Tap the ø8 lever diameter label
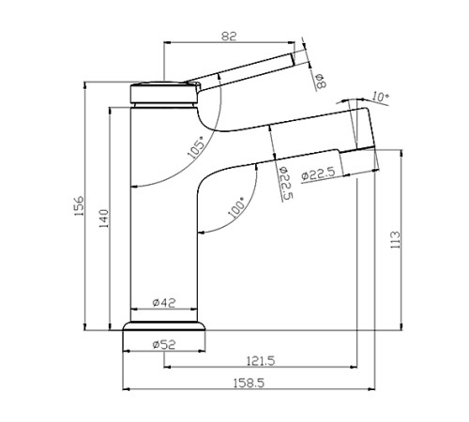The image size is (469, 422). [x=319, y=83]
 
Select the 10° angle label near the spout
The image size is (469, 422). [x=380, y=96]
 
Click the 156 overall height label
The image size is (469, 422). [x=79, y=204]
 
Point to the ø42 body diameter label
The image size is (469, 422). [x=164, y=302]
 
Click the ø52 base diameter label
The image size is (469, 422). [x=164, y=344]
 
